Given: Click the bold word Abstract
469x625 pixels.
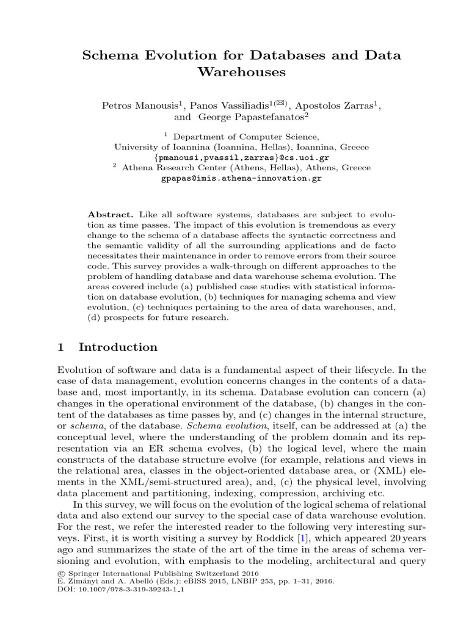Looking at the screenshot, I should point(111,215).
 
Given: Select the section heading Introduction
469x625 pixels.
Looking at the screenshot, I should point(118,347).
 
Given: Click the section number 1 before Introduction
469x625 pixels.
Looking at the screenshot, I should point(60,347).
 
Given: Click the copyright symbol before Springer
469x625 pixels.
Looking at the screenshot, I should point(60,573).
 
